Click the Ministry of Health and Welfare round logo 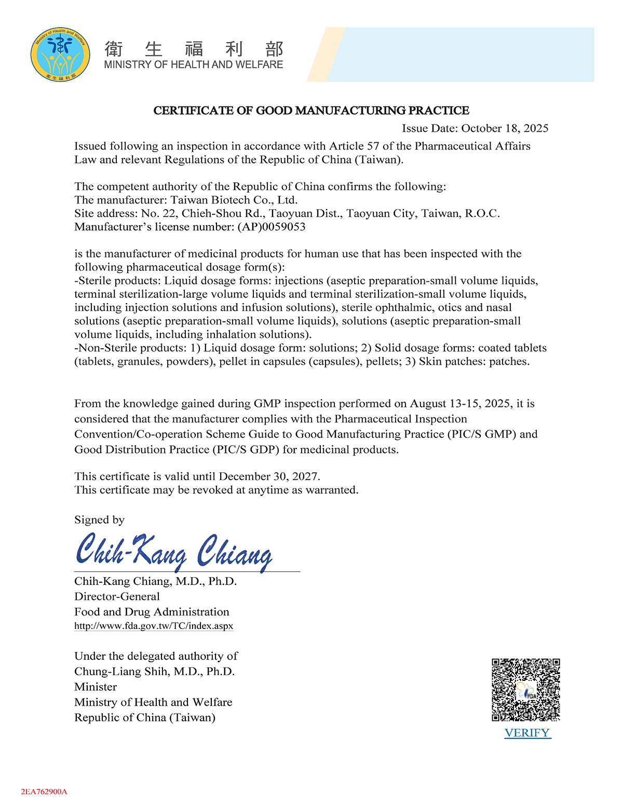60,54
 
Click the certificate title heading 311,111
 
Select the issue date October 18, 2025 505,128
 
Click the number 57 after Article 373,146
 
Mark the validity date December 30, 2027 269,476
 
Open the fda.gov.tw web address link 154,626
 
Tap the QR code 526,690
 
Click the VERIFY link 527,733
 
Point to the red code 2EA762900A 44,792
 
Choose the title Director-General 117,596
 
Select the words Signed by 99,519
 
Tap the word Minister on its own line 96,687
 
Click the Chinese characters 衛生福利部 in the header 194,49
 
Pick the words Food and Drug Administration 152,612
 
